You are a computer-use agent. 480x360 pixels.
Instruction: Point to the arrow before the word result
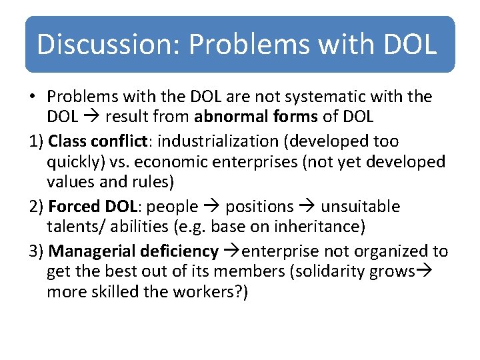click(89, 117)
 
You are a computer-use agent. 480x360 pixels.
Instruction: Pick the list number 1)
click(37, 141)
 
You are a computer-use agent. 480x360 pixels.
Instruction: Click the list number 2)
click(37, 207)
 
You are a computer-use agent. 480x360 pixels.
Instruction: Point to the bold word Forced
click(73, 207)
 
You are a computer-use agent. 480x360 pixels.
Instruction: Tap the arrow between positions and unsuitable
click(306, 207)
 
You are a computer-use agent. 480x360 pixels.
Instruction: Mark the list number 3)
click(37, 251)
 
